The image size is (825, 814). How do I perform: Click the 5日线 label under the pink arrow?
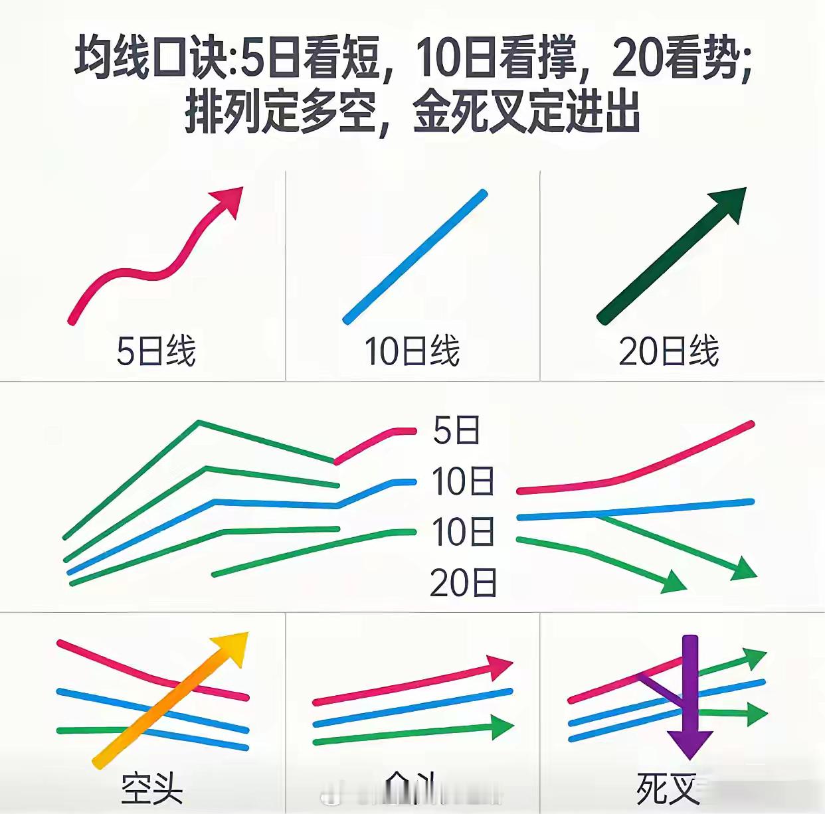pyautogui.click(x=155, y=351)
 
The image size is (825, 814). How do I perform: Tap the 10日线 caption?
pyautogui.click(x=412, y=351)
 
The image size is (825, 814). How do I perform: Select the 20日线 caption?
pyautogui.click(x=668, y=351)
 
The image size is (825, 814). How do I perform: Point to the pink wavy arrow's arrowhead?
pyautogui.click(x=229, y=200)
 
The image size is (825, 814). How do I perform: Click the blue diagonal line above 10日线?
pyautogui.click(x=415, y=257)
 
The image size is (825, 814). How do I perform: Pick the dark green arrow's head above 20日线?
pyautogui.click(x=729, y=203)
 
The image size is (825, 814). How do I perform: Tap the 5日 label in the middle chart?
pyautogui.click(x=457, y=430)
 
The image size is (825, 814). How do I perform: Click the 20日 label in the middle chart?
pyautogui.click(x=463, y=583)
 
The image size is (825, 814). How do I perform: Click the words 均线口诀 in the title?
pyautogui.click(x=151, y=58)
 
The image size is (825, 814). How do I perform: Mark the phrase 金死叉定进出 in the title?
pyautogui.click(x=526, y=111)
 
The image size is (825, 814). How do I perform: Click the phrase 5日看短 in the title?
pyautogui.click(x=310, y=58)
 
